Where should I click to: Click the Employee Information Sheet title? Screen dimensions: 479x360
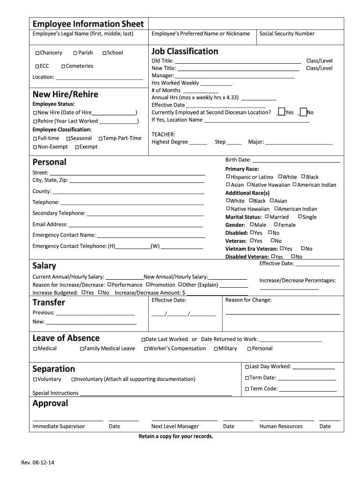tap(88, 24)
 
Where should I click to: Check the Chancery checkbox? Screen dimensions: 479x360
tap(37, 53)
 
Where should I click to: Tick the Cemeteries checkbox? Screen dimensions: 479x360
tap(63, 66)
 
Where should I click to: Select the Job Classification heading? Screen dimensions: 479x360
tap(185, 51)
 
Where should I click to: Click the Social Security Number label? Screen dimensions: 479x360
tap(287, 34)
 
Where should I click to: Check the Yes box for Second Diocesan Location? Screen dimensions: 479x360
tap(281, 112)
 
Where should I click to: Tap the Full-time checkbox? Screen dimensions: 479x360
tap(36, 139)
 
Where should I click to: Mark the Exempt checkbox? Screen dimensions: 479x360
tap(77, 147)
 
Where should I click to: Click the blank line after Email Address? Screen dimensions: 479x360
tap(136, 225)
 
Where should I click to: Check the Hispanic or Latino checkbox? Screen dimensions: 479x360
tap(228, 177)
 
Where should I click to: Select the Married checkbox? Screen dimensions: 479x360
tap(267, 217)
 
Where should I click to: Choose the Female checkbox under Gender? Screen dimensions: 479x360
tap(275, 225)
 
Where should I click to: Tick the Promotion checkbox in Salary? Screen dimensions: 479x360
tap(147, 284)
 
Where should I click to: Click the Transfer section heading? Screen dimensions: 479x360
tap(49, 303)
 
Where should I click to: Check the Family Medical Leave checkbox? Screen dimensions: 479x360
tap(82, 349)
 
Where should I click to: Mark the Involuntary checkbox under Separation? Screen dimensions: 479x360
tap(73, 379)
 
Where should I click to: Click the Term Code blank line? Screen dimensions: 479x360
tap(308, 390)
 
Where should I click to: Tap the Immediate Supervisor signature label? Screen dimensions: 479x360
tap(59, 426)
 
